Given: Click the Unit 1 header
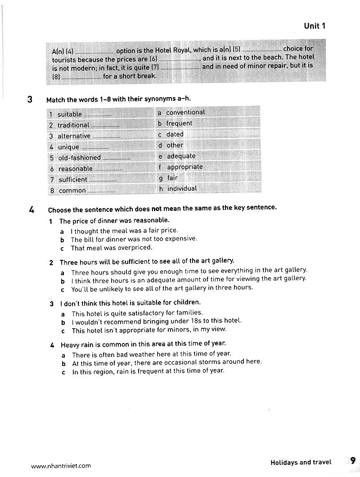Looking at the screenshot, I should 314,26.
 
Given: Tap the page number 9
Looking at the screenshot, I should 353,461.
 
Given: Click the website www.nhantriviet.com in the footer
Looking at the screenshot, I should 61,466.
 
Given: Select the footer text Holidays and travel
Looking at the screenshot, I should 301,462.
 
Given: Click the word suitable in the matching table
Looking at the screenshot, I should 69,114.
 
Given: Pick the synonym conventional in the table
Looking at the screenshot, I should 185,112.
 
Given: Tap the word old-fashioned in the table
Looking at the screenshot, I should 79,158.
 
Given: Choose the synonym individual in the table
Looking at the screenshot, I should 182,189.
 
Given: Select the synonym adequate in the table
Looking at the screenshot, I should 181,156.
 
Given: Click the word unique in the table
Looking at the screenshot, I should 68,147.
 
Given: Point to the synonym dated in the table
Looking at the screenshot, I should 175,134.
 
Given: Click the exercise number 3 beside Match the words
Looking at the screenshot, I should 30,99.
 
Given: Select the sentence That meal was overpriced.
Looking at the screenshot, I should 112,248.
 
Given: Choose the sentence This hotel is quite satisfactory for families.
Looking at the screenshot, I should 137,313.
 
